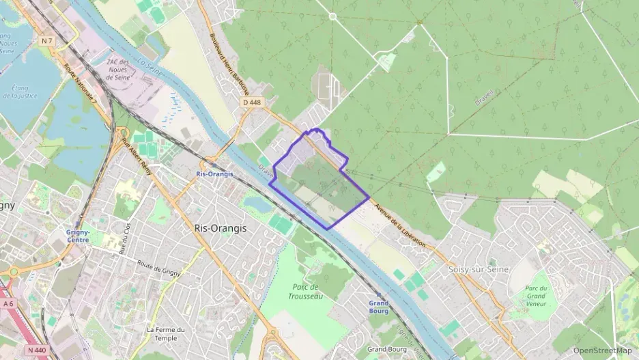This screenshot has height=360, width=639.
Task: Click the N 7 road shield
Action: point(46,41)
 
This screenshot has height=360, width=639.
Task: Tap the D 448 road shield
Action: point(252,102)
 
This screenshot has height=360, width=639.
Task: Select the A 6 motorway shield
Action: point(8,303)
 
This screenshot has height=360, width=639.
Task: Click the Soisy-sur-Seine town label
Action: point(477,269)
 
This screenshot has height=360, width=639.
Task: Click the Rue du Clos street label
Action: point(125,235)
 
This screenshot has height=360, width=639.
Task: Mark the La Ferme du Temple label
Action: point(166,333)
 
